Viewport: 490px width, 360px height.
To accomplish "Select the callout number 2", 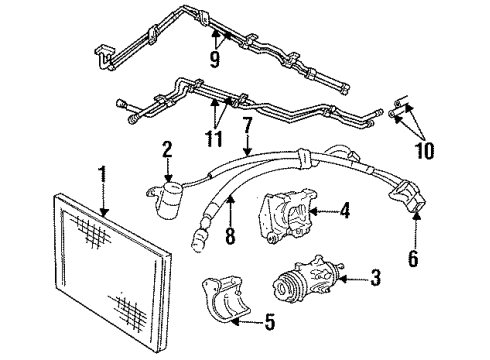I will point(168,149).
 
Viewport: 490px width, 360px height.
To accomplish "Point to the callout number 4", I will point(344,210).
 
